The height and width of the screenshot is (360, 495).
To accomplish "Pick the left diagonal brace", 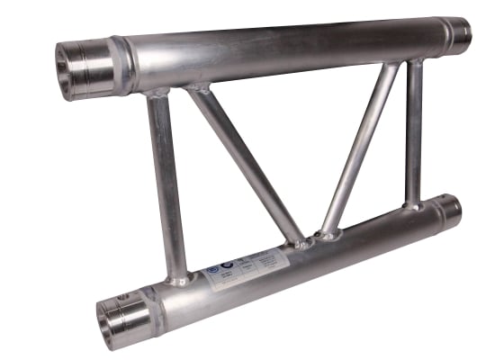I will point(243,162).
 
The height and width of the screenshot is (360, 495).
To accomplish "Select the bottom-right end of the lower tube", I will point(449,211).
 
